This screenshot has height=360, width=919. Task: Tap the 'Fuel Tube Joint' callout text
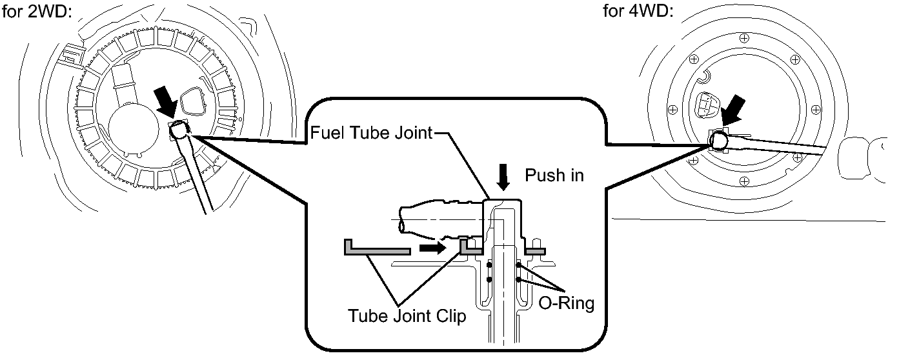pos(370,134)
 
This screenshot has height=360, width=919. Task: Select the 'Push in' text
pos(554,175)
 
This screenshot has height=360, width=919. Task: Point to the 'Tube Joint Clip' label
pos(407,317)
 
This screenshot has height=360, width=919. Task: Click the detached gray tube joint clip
pos(378,248)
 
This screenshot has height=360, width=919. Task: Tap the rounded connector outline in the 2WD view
pos(194,101)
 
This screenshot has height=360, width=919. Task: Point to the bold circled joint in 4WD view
pos(720,139)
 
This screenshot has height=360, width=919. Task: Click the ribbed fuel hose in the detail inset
pos(439,220)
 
